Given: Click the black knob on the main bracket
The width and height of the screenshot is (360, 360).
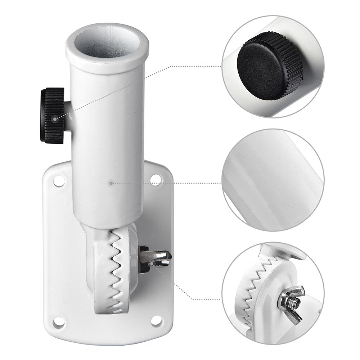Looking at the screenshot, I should [53, 115].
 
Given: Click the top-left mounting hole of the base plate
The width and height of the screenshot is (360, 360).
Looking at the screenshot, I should [59, 181].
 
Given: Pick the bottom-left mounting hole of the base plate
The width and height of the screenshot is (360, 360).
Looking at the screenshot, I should [58, 322].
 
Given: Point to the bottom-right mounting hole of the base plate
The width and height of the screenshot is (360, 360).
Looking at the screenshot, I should [156, 321].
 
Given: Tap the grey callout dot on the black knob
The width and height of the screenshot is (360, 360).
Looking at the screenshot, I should [54, 118].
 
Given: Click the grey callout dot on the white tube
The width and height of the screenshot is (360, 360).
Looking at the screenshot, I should [111, 183].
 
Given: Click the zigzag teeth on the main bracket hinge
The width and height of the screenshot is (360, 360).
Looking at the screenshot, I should [117, 270].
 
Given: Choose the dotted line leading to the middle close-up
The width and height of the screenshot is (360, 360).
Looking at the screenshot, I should [166, 183].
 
